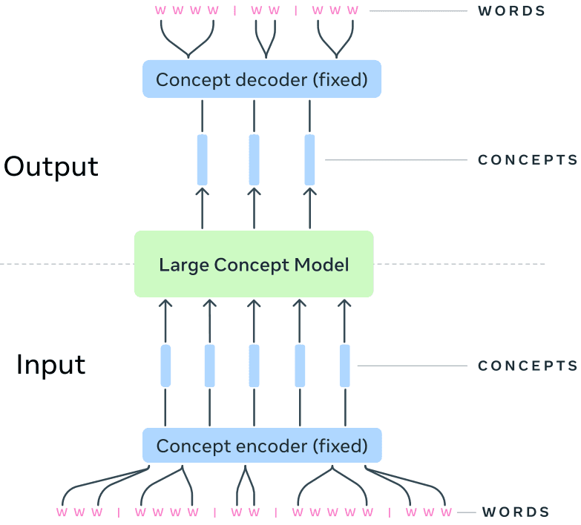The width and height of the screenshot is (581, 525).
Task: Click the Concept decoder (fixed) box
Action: (261, 79)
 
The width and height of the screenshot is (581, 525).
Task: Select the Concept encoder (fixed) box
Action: (261, 446)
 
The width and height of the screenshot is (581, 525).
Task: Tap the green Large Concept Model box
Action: (254, 265)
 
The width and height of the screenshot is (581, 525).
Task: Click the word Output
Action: (51, 166)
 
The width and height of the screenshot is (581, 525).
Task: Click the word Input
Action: (51, 365)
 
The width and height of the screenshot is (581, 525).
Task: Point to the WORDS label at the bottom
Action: (516, 512)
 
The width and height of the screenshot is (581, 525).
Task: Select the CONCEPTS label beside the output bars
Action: (528, 160)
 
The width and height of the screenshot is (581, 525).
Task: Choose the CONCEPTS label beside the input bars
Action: (528, 366)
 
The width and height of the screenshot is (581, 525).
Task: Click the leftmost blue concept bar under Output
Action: (203, 159)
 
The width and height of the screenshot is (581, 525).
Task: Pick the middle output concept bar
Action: (255, 159)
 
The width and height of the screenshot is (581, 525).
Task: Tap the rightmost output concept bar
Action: (310, 159)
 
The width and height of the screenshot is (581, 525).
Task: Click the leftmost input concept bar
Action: (165, 366)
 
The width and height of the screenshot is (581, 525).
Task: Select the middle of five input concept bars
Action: (255, 366)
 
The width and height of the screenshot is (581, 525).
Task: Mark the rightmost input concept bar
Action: (345, 366)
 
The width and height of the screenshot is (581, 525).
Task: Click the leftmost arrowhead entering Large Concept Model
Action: (165, 303)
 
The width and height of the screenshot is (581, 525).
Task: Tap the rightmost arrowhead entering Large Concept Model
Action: (345, 303)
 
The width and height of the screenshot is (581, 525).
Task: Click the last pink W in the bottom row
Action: (446, 512)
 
